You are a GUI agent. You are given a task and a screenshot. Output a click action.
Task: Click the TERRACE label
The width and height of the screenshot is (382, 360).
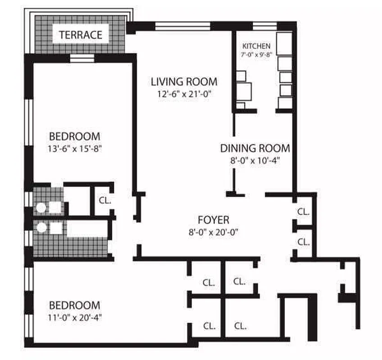coord(81,35)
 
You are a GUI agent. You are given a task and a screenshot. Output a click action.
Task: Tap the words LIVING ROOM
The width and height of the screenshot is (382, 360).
coord(184,82)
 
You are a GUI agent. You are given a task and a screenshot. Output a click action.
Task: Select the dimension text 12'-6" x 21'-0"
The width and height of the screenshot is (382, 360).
coord(184,94)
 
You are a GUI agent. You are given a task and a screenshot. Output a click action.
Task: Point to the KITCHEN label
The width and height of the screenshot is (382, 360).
coord(256,46)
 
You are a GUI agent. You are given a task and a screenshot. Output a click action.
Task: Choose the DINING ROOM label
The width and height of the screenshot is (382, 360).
coord(255,148)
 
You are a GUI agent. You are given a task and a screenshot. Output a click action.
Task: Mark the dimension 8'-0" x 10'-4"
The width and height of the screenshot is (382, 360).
coord(255,160)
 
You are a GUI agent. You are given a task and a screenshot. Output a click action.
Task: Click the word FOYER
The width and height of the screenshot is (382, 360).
coord(214,220)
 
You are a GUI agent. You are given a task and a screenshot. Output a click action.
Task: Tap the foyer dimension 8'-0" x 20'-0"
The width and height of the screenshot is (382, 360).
coord(214,232)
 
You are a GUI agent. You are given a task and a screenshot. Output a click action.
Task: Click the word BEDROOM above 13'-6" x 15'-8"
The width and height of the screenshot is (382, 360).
coord(74,136)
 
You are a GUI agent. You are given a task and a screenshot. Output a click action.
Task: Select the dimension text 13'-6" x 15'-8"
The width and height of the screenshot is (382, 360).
coord(74,148)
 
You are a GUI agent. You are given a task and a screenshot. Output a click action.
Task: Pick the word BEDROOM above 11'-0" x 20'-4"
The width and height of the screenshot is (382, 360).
coord(74,305)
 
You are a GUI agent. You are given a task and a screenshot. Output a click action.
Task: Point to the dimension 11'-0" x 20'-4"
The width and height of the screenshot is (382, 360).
coord(74,316)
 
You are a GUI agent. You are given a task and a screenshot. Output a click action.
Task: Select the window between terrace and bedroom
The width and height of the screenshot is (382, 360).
coord(82,58)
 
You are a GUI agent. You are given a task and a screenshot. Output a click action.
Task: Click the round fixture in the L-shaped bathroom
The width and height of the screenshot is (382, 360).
coord(41,228)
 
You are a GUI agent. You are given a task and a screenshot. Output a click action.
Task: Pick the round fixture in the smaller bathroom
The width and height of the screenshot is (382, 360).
coord(41,207)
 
